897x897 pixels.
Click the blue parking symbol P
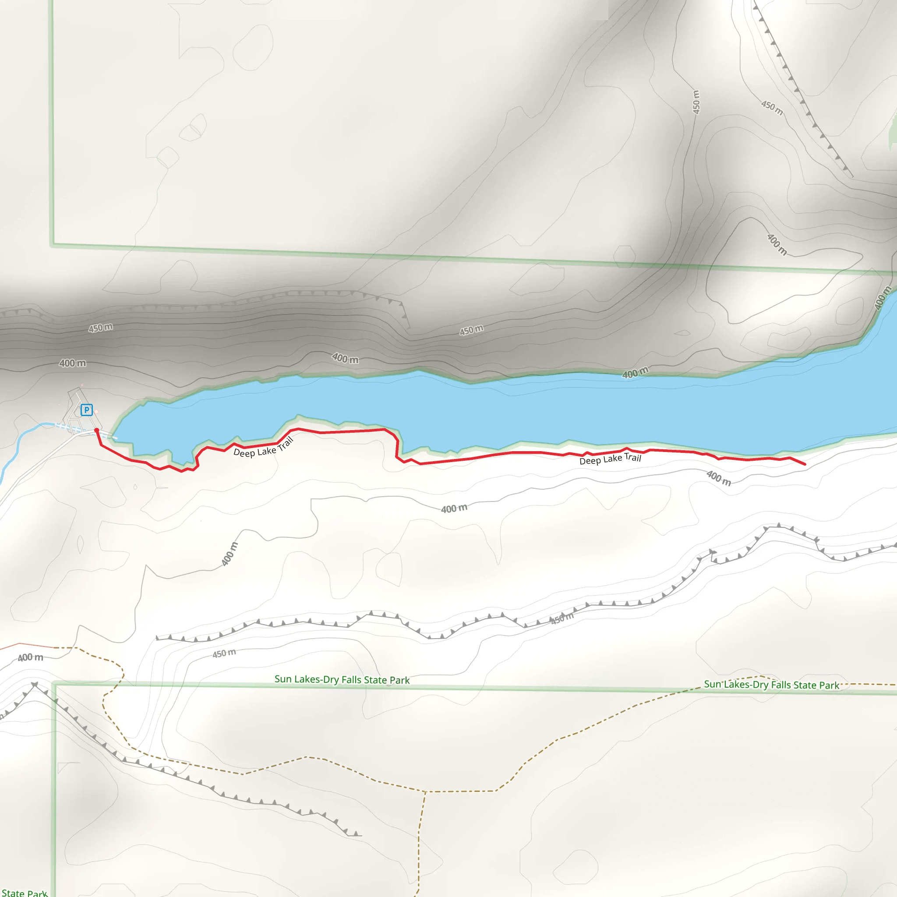tap(86, 410)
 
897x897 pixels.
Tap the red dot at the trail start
tap(96, 431)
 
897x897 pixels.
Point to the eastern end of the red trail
tap(805, 464)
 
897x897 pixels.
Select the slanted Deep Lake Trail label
tap(264, 448)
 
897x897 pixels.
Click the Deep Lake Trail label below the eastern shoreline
tap(610, 459)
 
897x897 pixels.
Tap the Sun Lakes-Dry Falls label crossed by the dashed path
tap(771, 685)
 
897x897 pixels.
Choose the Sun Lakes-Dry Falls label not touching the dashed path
tap(342, 680)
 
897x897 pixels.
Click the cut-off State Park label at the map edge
tap(24, 893)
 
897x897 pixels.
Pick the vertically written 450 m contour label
tap(696, 102)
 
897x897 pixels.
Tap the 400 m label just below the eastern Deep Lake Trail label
tap(718, 478)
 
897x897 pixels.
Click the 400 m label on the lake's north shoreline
tap(635, 373)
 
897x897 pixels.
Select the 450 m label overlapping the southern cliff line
tap(562, 618)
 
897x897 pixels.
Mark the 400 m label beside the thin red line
tap(31, 657)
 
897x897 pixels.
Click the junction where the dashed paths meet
tap(425, 791)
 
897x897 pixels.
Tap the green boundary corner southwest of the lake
tap(54, 683)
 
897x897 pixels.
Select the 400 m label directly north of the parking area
tap(72, 363)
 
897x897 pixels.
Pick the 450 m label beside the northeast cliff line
tap(772, 108)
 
